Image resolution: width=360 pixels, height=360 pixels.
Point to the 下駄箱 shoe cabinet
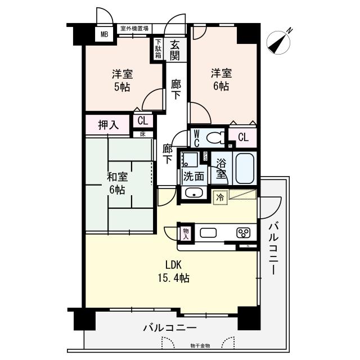point(159,49)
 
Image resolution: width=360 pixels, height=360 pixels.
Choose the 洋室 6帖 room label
point(220,79)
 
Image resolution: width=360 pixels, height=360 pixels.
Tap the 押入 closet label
point(108,124)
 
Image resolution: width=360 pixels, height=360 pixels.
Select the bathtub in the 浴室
point(245,168)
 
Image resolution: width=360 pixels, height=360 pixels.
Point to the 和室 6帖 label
point(118,183)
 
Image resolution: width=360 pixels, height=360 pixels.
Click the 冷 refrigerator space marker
point(219,197)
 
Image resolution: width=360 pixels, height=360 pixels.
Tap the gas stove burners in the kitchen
point(244,233)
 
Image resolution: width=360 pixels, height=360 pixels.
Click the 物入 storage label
point(186,232)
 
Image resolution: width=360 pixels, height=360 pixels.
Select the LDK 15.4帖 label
point(176,271)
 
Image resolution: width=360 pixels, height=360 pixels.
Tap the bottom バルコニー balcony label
point(169,327)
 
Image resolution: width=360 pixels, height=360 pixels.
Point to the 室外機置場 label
point(134,28)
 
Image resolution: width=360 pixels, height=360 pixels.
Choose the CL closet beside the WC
point(243,137)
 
